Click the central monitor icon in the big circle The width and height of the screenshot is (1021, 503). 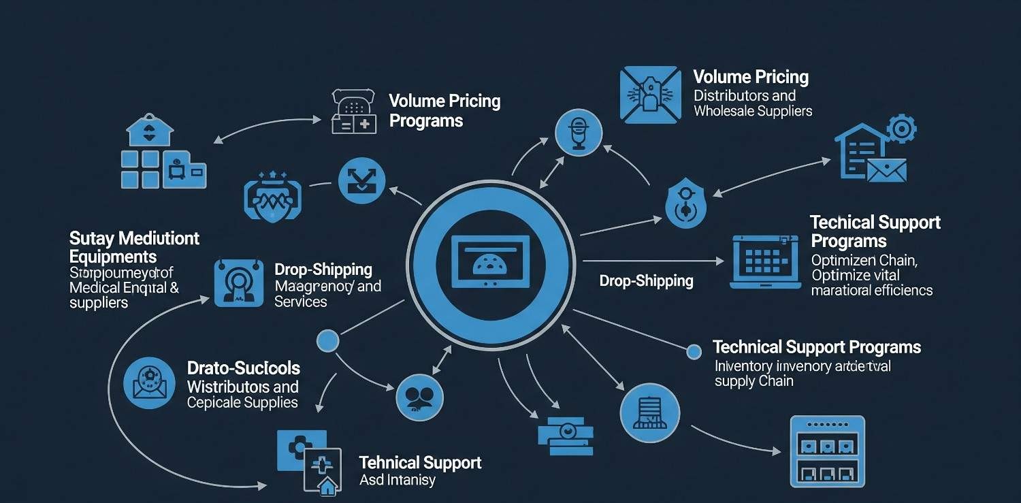(x=490, y=262)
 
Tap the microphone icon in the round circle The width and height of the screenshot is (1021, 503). (x=579, y=131)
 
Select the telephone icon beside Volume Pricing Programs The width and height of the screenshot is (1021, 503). (x=354, y=111)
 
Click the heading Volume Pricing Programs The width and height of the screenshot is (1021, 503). (x=444, y=111)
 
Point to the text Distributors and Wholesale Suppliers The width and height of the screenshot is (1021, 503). (x=752, y=103)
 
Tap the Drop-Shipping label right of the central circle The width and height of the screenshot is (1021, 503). (x=646, y=280)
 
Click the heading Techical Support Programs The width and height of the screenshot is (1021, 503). (x=875, y=231)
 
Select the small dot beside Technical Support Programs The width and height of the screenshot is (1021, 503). (x=694, y=351)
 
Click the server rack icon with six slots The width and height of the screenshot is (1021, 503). (x=827, y=451)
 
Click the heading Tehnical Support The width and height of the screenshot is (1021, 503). (x=420, y=463)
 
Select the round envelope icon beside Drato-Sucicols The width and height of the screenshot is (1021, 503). (x=149, y=383)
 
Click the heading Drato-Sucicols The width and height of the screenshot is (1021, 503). (x=243, y=368)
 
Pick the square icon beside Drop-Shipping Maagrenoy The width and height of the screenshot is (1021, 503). (x=238, y=282)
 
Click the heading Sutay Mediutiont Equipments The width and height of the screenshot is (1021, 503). (x=134, y=247)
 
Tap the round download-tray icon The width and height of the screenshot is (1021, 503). (x=361, y=181)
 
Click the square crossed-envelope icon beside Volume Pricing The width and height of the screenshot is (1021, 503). (x=650, y=95)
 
